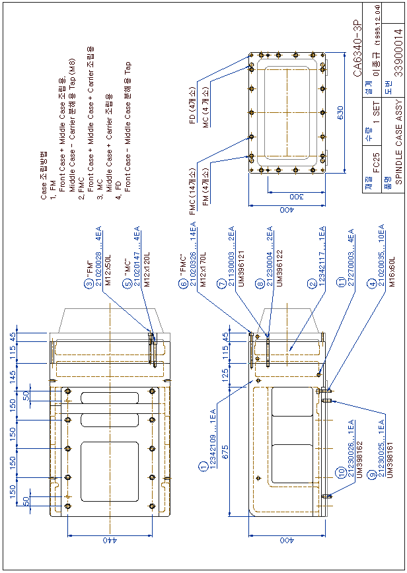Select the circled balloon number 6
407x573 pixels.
tap(182, 285)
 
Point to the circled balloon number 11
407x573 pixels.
tap(341, 284)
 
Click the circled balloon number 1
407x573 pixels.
tap(202, 467)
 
